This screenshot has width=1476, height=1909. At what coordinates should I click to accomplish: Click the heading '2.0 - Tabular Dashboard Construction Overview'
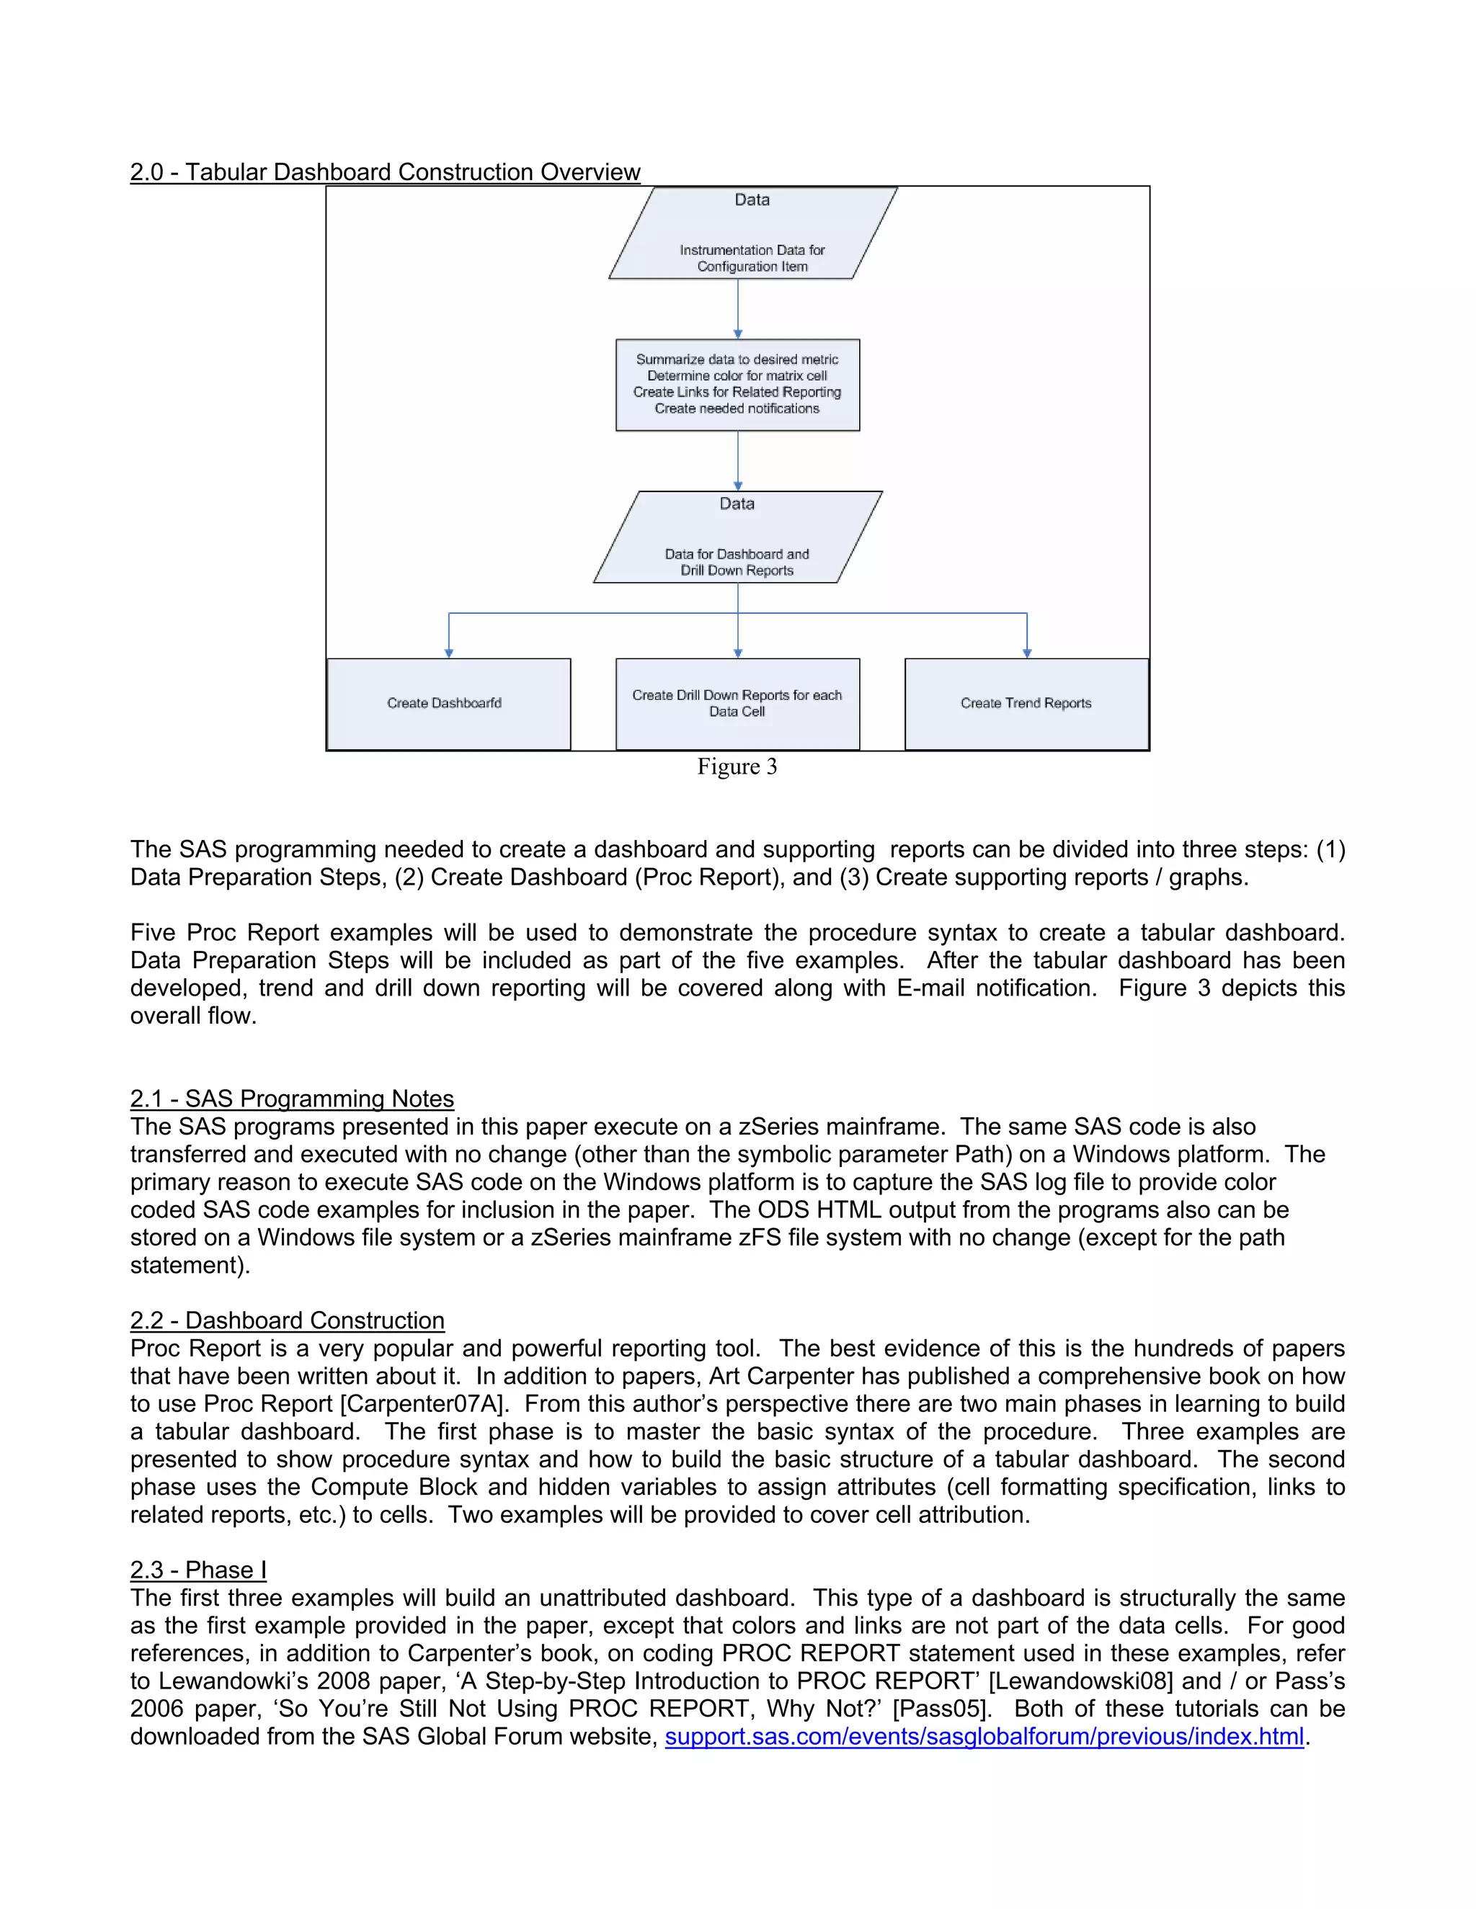click(x=385, y=172)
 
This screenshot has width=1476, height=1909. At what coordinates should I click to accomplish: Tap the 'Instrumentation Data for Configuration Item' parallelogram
click(x=752, y=234)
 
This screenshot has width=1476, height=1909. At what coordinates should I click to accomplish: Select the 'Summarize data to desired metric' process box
click(x=737, y=385)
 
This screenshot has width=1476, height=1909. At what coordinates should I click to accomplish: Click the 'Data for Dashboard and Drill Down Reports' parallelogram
click(x=737, y=537)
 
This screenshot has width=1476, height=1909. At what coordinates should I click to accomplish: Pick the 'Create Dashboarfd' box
click(x=448, y=704)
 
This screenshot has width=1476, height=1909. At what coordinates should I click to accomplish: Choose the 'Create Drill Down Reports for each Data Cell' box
click(x=737, y=704)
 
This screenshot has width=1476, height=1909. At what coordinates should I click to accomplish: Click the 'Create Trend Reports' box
click(x=1026, y=704)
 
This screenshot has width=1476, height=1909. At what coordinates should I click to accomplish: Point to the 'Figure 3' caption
click(x=737, y=766)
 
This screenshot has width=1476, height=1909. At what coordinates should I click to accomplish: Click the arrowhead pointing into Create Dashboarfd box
click(x=448, y=653)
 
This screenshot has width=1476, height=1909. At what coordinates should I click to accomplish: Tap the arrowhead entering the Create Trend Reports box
click(x=1026, y=653)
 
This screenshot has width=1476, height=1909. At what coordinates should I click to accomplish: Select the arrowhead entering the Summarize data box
click(x=738, y=334)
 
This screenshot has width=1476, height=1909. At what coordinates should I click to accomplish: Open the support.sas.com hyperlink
click(x=984, y=1736)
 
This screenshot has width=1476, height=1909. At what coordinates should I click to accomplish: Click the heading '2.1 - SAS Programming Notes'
click(x=292, y=1099)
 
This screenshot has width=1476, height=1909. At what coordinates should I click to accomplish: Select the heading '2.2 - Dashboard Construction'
click(x=287, y=1320)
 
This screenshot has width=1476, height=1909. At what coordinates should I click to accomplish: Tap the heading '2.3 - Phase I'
click(x=198, y=1570)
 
